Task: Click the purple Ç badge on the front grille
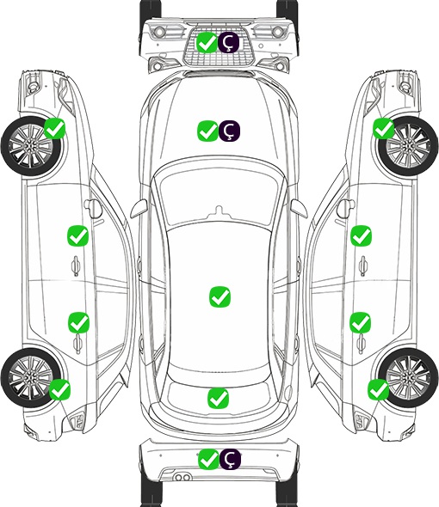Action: (228, 42)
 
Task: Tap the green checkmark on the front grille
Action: (207, 42)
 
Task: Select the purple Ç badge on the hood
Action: (229, 131)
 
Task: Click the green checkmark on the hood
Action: (208, 131)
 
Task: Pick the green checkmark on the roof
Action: (220, 296)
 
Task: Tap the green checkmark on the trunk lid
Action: (219, 398)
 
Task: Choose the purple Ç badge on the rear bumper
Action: (230, 459)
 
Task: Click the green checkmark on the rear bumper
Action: (208, 459)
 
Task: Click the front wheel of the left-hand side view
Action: (30, 147)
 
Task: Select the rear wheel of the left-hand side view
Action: (30, 378)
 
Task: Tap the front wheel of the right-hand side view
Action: (408, 146)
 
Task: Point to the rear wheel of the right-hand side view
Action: (408, 378)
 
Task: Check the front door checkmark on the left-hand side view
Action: (77, 236)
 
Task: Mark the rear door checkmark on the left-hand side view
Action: (78, 322)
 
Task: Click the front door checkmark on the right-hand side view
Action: (362, 235)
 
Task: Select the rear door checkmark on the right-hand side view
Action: (361, 322)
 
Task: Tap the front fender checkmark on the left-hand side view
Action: (55, 129)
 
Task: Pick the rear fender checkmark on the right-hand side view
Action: (379, 389)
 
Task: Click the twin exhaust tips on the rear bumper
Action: (182, 477)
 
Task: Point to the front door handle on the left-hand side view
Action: (76, 266)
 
